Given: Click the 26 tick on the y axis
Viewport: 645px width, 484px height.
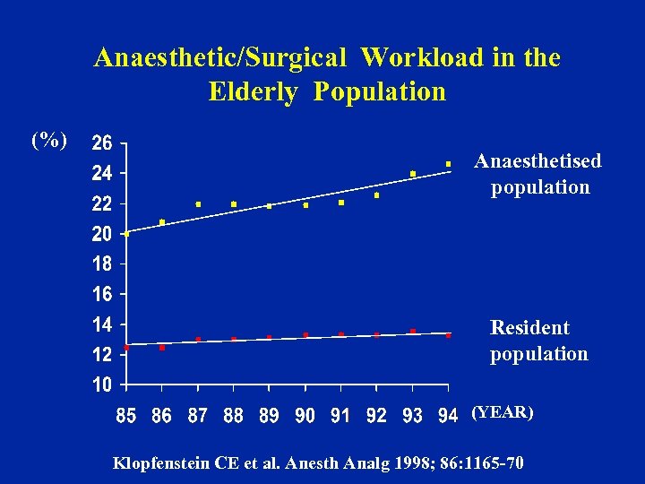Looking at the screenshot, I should (x=101, y=143).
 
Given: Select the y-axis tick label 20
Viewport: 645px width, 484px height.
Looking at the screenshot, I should (x=101, y=235).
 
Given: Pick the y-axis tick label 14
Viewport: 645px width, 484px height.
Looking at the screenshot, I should (x=101, y=324).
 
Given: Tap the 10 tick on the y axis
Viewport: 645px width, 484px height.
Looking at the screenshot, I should (x=101, y=385).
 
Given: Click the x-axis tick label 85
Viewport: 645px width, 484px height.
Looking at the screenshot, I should (x=126, y=416).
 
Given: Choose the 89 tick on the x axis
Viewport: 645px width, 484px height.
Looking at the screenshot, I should (x=270, y=416).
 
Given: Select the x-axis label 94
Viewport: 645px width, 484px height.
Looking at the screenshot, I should (x=448, y=416).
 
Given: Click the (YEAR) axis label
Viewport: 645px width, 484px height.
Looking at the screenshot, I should (x=502, y=412).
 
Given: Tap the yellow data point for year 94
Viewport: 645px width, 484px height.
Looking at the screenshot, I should (x=448, y=163).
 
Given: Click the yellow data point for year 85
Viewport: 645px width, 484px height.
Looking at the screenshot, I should (x=127, y=234).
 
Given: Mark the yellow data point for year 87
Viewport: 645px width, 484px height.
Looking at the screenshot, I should (x=198, y=204).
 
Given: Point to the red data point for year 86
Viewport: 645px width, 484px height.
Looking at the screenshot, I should (x=162, y=348).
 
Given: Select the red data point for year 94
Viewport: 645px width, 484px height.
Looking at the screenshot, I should (x=448, y=335).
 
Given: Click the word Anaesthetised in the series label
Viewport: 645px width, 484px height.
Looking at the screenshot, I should (x=537, y=160).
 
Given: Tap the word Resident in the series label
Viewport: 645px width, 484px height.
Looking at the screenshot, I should (x=529, y=328).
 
